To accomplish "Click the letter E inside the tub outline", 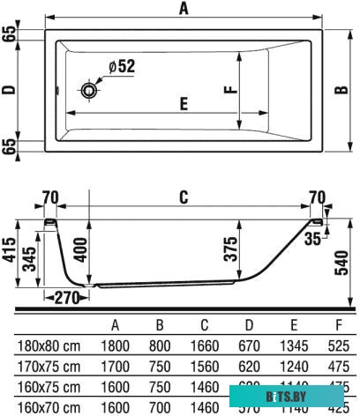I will click(184, 104).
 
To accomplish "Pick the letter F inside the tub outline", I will click(228, 89).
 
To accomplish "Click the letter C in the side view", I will click(184, 198).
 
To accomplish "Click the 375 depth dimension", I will click(231, 246).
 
